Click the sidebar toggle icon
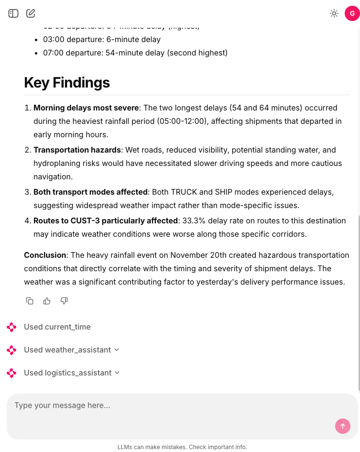13,13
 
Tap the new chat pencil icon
31,13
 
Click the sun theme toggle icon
334,13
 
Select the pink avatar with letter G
352,13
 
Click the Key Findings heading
67,82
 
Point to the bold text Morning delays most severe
86,108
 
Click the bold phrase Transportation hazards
77,150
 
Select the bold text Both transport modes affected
90,192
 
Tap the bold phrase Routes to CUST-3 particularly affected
106,220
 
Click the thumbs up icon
47,301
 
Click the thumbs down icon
64,301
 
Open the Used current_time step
57,327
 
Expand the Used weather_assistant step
67,350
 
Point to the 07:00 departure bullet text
135,53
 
